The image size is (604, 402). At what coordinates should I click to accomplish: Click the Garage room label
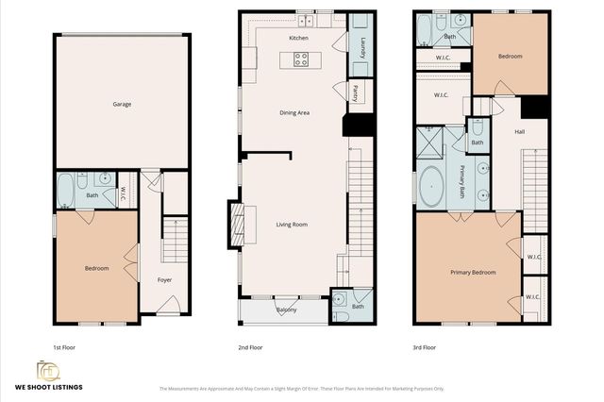[x=122, y=104]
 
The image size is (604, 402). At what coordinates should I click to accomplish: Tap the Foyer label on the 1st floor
[x=164, y=279]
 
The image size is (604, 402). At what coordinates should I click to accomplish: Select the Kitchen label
[x=298, y=38]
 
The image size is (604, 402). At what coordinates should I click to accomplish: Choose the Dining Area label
[x=294, y=112]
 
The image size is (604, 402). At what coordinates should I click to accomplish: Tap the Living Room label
[x=292, y=225]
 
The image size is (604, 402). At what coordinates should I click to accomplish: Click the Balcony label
[x=287, y=310]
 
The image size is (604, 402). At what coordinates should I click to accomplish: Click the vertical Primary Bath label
[x=462, y=180]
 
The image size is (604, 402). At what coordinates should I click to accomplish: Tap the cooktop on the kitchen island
[x=301, y=59]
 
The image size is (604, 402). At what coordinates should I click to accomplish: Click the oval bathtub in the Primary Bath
[x=433, y=187]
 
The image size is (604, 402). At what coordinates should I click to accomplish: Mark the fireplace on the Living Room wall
[x=236, y=225]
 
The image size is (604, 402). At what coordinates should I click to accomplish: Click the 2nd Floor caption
[x=250, y=347]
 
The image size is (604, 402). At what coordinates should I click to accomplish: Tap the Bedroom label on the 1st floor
[x=97, y=268]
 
